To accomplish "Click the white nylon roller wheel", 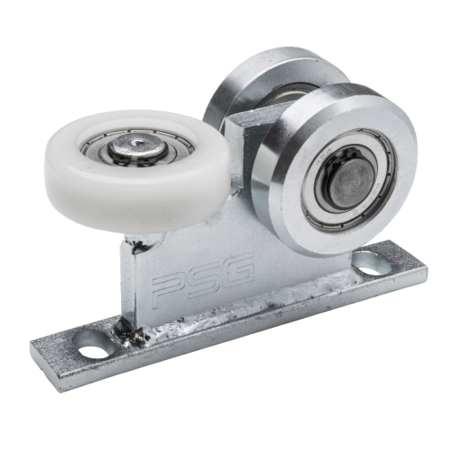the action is click(x=136, y=169).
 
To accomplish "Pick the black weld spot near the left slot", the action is click(x=129, y=330).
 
